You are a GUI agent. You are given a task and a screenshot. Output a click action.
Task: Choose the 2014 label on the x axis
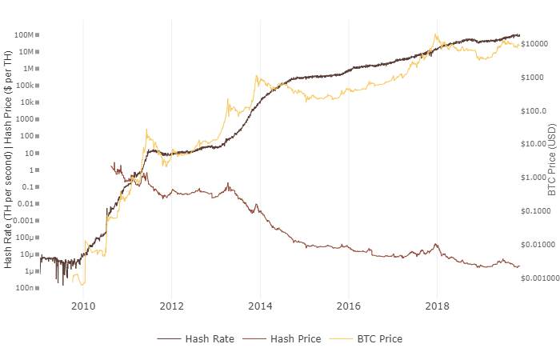260,306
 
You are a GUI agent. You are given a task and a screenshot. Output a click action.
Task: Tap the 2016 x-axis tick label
348,306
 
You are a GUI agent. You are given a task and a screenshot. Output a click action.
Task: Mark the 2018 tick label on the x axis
437,306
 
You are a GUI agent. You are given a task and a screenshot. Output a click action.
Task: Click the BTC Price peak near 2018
435,34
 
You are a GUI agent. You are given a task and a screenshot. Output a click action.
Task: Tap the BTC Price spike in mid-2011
146,129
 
